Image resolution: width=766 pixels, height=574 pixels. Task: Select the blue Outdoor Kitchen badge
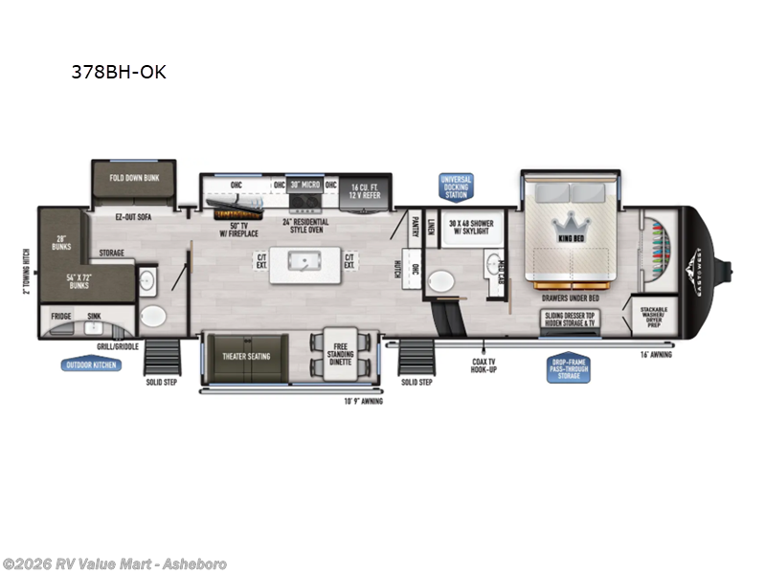[93, 364]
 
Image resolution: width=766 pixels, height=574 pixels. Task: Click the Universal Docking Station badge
[456, 187]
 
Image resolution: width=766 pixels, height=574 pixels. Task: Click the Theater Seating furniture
[246, 357]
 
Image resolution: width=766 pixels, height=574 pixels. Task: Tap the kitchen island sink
[307, 260]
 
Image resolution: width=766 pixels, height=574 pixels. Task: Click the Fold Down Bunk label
[131, 178]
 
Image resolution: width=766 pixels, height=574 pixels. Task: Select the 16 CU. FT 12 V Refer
[366, 189]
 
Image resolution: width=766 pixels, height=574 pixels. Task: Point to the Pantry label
[417, 226]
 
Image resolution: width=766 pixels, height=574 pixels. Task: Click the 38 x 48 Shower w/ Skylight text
[469, 226]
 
